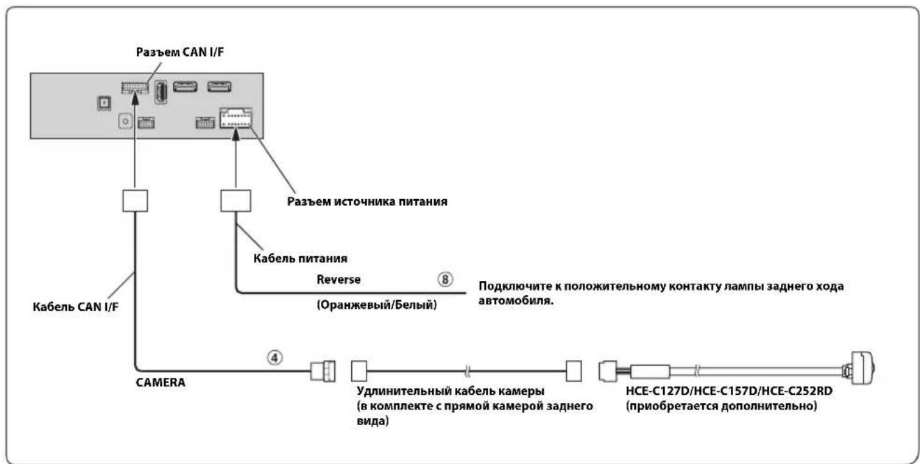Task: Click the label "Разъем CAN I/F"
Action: pos(180,52)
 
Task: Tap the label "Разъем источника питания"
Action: pos(366,201)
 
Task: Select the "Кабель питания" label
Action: pos(300,259)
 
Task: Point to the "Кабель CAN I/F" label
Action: pos(75,307)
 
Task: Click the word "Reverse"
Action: pos(339,280)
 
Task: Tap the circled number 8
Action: pos(445,280)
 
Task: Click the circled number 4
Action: pos(275,358)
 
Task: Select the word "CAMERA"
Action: pos(160,382)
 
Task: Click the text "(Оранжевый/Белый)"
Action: pos(377,305)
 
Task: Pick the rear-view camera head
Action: pos(861,368)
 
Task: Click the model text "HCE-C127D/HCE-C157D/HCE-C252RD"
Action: pos(729,391)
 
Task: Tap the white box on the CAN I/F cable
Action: pos(135,201)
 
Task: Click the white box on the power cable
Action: pos(236,201)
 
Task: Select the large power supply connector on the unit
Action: pos(236,118)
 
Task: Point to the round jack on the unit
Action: pos(126,122)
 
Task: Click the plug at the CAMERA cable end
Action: pos(322,371)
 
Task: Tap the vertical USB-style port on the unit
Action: pos(161,92)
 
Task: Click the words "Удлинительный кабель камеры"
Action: pos(450,391)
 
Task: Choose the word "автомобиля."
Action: pos(516,300)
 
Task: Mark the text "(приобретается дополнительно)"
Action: pos(722,406)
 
